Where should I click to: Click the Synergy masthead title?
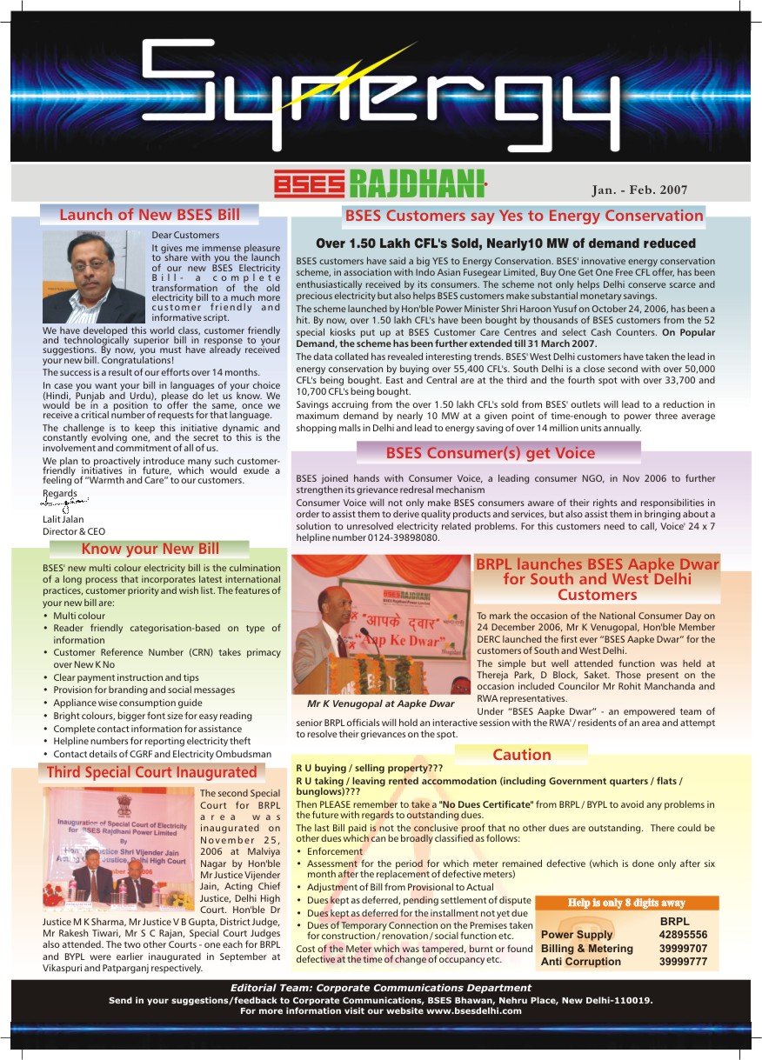[x=381, y=87]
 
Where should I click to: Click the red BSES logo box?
[x=309, y=184]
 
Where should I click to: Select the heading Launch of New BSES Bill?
[x=150, y=215]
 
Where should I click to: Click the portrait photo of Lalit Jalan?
[x=95, y=275]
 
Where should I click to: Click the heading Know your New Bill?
[x=150, y=549]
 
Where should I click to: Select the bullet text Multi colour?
[x=79, y=616]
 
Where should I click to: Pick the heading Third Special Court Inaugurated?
[x=151, y=772]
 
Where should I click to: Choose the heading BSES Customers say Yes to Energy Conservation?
[x=524, y=216]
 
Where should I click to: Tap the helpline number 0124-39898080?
[x=403, y=538]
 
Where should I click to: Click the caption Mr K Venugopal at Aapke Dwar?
[x=380, y=703]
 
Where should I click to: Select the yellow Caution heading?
[x=522, y=755]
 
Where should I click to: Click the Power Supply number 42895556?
[x=683, y=936]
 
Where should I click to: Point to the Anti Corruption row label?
[x=580, y=962]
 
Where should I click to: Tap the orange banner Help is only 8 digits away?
[x=626, y=903]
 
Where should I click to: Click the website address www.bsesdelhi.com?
[x=473, y=1011]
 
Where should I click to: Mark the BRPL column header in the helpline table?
[x=675, y=922]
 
